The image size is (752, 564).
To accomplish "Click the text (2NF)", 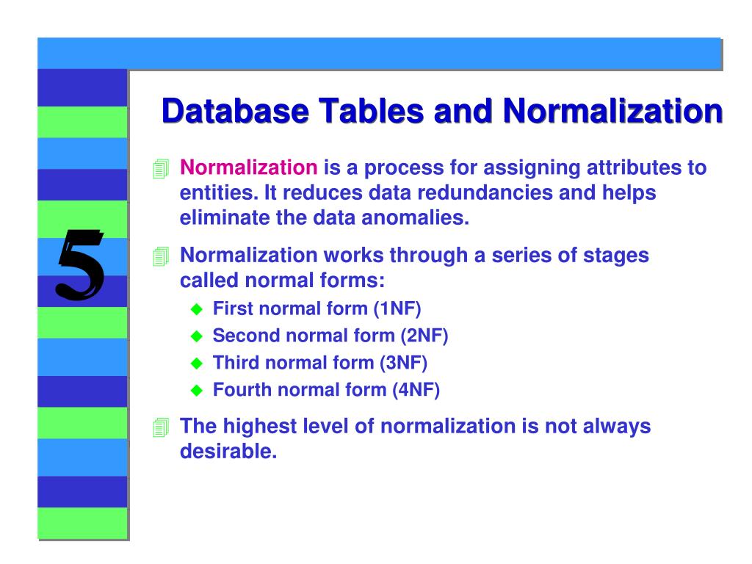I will (x=424, y=336).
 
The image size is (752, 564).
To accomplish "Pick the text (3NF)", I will (x=403, y=363).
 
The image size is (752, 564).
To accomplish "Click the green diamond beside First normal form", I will (x=196, y=310).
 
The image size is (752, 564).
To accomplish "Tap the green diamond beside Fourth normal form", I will (x=196, y=391).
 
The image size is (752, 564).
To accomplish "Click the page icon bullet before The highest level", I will (x=161, y=428).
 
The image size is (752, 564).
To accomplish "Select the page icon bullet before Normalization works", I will (x=161, y=257).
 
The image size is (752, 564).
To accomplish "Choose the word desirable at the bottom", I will (x=228, y=452).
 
